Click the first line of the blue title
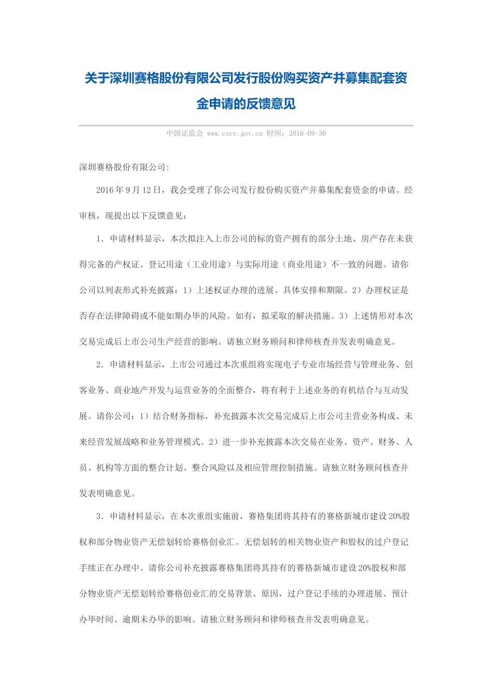(x=246, y=78)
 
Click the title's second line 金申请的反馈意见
(x=246, y=104)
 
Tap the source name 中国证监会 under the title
(x=184, y=134)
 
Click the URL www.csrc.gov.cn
(x=235, y=134)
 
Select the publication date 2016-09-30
(x=307, y=134)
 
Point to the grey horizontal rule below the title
(x=246, y=125)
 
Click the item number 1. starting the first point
(x=100, y=239)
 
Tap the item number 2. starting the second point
(x=100, y=365)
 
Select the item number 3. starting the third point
(x=100, y=516)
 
